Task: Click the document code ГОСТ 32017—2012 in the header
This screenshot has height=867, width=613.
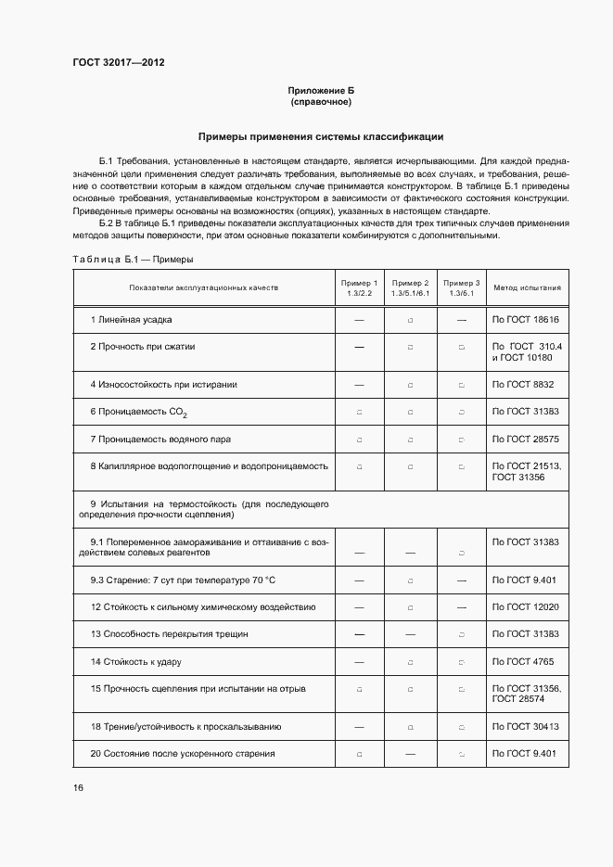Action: point(118,64)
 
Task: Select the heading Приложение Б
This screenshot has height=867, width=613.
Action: point(321,90)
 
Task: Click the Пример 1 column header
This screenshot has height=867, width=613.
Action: point(359,287)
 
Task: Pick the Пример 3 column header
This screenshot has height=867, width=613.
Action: point(461,287)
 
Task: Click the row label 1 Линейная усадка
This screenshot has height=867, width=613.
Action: point(131,320)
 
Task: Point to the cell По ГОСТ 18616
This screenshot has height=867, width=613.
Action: point(525,320)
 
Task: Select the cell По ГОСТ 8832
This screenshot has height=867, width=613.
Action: point(523,384)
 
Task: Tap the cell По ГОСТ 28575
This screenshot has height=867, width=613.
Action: point(525,439)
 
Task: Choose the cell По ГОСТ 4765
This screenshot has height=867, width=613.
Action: point(523,662)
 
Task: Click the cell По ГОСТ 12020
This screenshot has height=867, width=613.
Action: point(525,606)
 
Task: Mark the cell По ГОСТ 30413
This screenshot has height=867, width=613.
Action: point(525,726)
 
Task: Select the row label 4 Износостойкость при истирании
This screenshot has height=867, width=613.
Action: point(163,384)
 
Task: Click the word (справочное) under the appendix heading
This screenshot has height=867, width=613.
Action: point(321,101)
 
